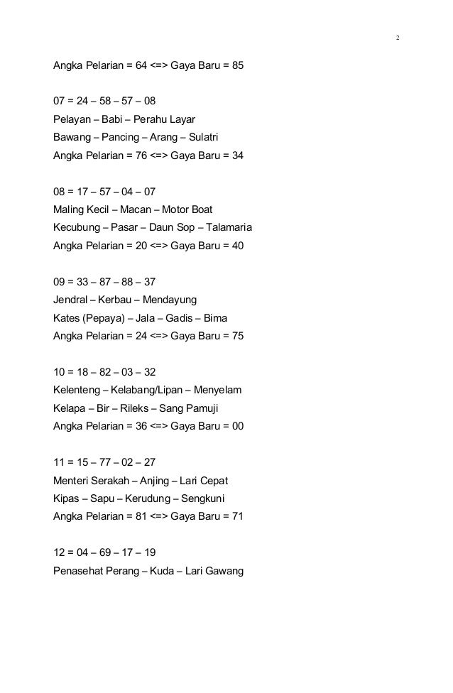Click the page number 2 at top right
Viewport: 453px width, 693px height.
(x=397, y=37)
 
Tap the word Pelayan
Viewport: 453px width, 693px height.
(x=72, y=119)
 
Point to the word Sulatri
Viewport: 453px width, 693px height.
(x=224, y=136)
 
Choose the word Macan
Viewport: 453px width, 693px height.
(x=136, y=210)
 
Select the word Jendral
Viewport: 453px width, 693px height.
(x=72, y=300)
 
